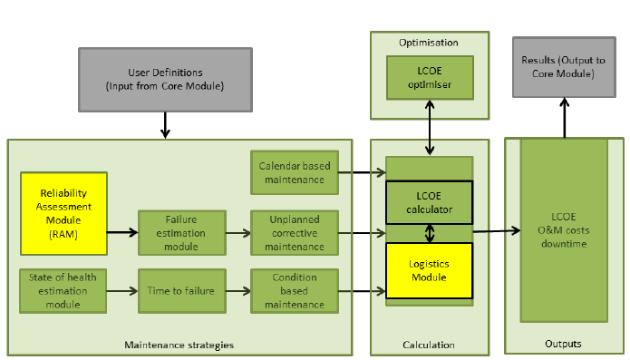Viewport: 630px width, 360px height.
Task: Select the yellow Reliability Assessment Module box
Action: point(63,213)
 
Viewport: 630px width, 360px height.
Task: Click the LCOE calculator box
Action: point(430,203)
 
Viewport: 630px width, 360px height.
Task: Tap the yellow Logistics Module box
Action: point(430,269)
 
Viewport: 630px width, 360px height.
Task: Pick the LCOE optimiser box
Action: point(430,78)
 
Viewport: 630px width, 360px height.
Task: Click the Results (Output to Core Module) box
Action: point(564,66)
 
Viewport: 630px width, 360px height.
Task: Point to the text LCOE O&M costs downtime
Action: point(563,229)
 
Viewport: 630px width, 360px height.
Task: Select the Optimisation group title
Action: point(429,43)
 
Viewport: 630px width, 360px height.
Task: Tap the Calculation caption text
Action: point(429,345)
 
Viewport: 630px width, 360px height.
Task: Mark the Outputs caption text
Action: point(564,344)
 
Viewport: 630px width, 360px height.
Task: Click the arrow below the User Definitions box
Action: point(164,124)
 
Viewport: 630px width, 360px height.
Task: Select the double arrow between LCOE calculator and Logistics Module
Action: point(430,233)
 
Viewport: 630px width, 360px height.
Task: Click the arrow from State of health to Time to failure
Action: point(122,291)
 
